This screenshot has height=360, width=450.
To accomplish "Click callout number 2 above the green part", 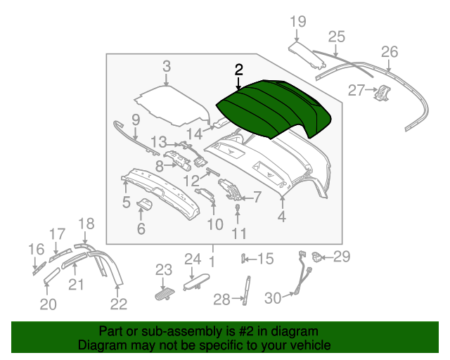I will pyautogui.click(x=239, y=70).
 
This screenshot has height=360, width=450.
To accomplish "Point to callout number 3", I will pyautogui.click(x=167, y=67).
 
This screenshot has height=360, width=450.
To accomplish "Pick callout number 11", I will pyautogui.click(x=239, y=233).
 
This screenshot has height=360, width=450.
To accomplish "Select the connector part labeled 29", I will pyautogui.click(x=317, y=255).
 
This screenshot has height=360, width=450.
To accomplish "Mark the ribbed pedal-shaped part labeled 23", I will pyautogui.click(x=165, y=292).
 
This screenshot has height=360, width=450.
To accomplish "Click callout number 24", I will pyautogui.click(x=193, y=259).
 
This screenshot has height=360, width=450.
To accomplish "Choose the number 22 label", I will pyautogui.click(x=119, y=304).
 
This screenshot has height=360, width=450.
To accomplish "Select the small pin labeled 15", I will pyautogui.click(x=244, y=258).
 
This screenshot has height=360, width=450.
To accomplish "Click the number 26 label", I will pyautogui.click(x=389, y=51).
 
